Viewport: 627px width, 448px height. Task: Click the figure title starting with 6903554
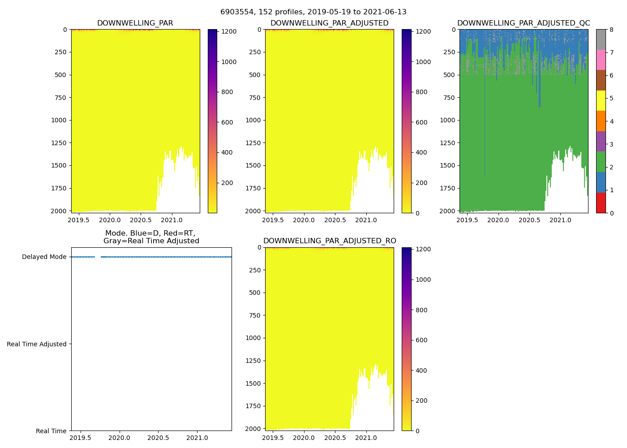click(313, 12)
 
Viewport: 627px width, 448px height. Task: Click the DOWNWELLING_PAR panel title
click(135, 23)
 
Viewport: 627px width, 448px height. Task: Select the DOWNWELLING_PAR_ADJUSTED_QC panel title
click(523, 23)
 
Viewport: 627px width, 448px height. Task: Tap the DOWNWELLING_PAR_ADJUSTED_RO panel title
click(329, 241)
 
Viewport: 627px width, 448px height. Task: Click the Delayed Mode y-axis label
click(44, 257)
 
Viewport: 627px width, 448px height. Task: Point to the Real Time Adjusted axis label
click(37, 344)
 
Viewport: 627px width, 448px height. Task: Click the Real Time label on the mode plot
click(51, 431)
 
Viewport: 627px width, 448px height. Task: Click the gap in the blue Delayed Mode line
click(98, 257)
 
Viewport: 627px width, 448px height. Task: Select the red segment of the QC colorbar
click(601, 202)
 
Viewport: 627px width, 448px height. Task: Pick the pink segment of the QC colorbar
click(601, 60)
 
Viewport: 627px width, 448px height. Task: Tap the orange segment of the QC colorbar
click(601, 121)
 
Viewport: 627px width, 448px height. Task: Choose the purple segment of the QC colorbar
click(601, 141)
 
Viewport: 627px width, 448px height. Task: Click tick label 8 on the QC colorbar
click(611, 30)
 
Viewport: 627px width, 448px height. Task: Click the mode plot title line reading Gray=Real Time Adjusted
click(151, 241)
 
